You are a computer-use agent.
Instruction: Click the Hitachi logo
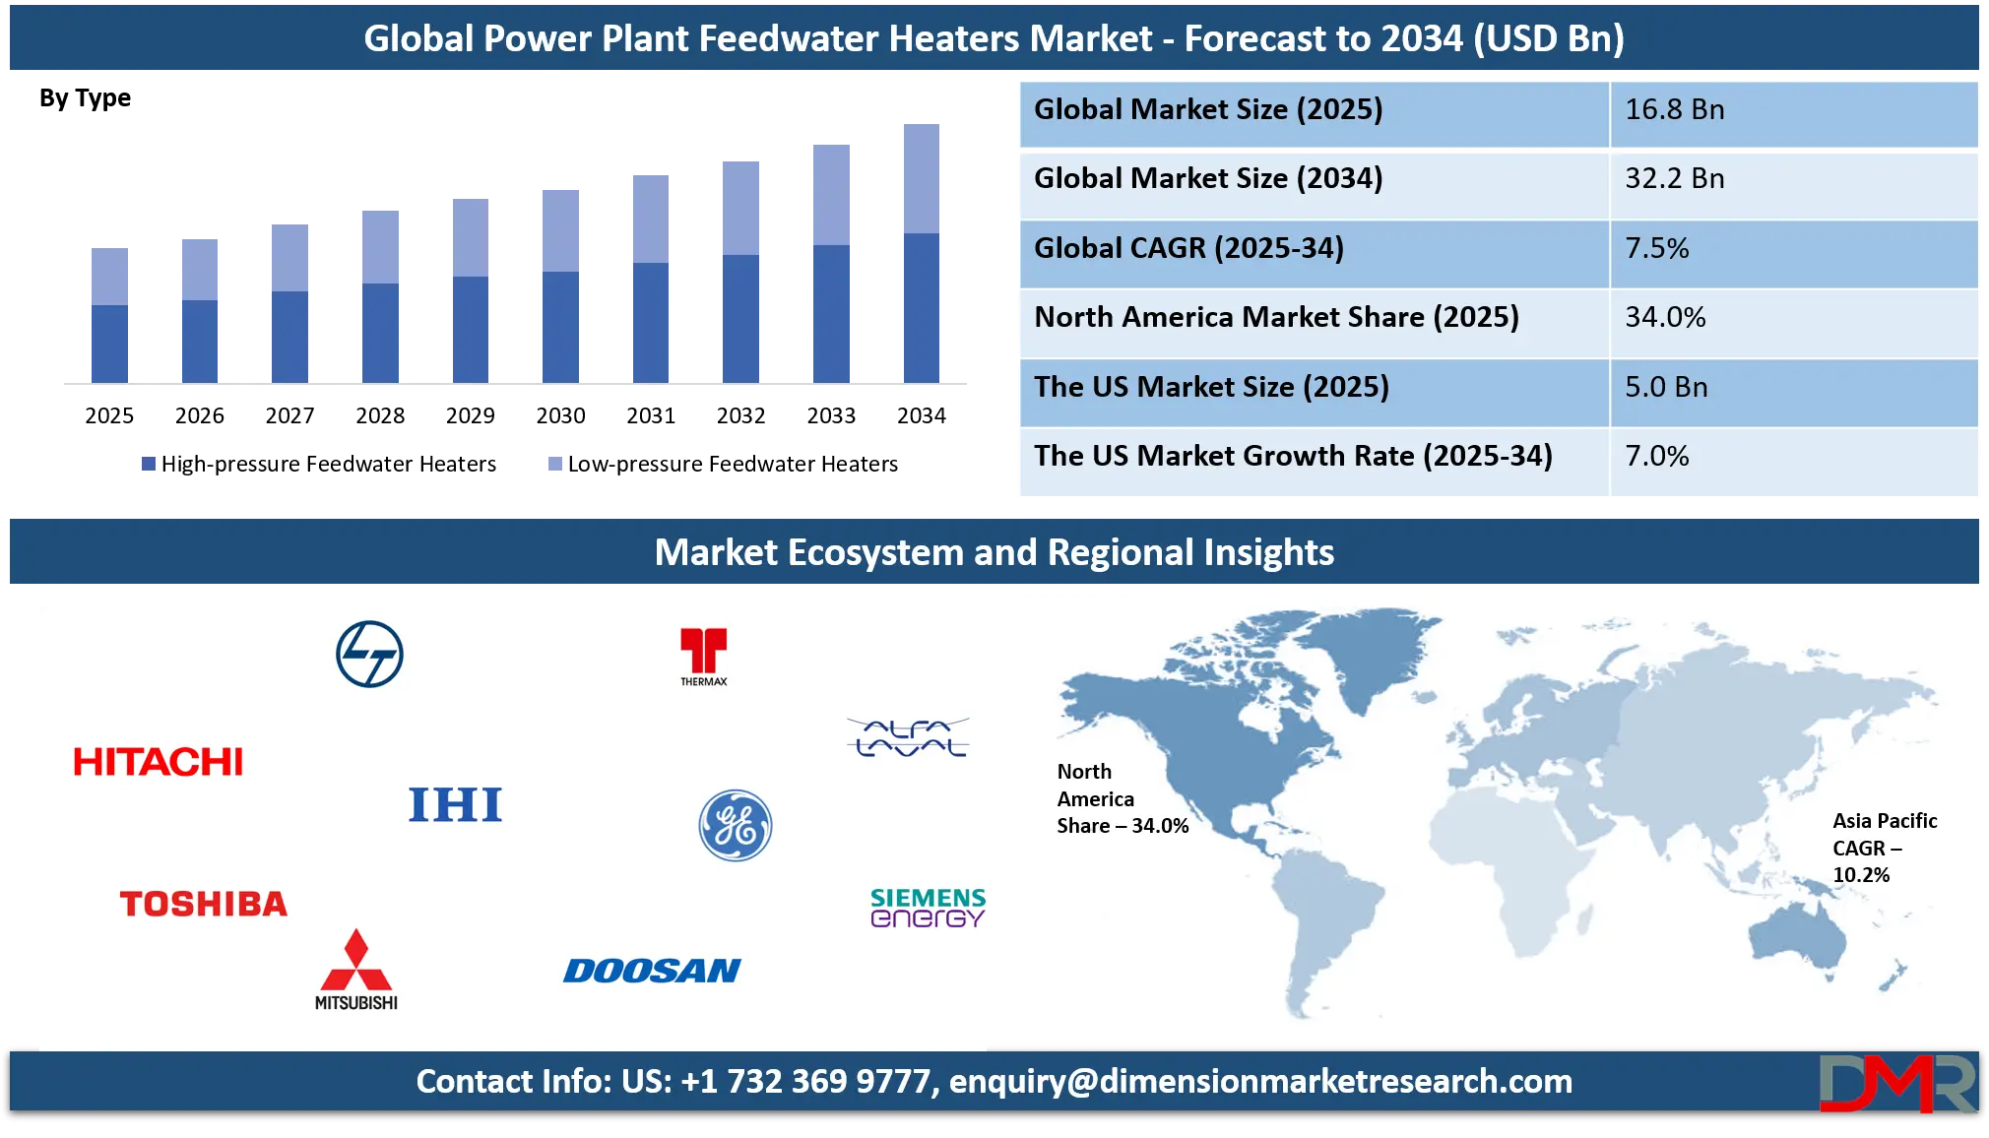pos(158,761)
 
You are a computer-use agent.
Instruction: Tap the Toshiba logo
pos(203,904)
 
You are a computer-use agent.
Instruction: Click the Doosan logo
pos(652,971)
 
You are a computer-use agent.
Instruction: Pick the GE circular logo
pos(735,825)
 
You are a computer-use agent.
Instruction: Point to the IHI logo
pos(455,804)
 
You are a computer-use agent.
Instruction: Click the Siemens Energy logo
pos(927,908)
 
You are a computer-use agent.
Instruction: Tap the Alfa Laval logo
pos(908,737)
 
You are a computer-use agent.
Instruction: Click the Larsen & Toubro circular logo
pos(369,654)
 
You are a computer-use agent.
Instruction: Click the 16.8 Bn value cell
pos(1792,110)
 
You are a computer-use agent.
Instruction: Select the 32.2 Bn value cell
pos(1792,179)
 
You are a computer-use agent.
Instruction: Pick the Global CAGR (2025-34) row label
pos(1188,248)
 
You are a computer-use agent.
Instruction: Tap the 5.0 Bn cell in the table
pos(1792,387)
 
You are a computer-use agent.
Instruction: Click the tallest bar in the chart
pos(921,251)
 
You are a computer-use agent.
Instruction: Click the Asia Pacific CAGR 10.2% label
pos(1883,848)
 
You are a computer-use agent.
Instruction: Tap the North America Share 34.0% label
pos(1122,798)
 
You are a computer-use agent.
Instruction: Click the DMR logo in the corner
pos(1896,1082)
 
